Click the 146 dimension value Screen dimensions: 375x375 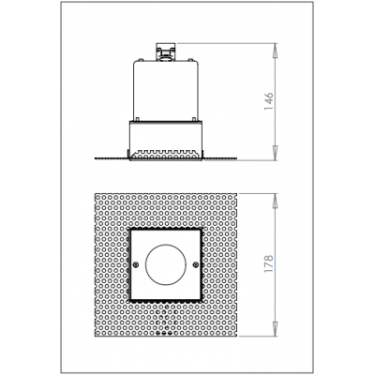tap(269, 101)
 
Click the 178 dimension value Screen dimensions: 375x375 tap(269, 264)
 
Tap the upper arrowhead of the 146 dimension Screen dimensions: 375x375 tap(275, 50)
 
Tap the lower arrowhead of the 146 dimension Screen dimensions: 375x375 tap(275, 154)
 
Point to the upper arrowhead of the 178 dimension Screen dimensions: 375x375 tap(275, 201)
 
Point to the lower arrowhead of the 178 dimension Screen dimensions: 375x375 tap(275, 329)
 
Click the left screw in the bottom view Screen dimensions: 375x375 tap(135, 265)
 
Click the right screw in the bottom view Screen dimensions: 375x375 tap(196, 265)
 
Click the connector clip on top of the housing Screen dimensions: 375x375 tap(165, 52)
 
